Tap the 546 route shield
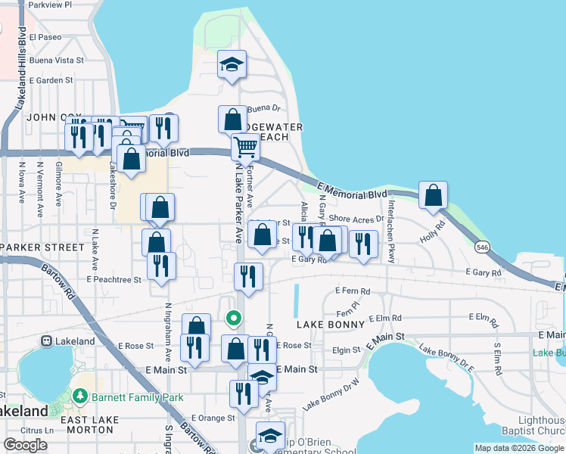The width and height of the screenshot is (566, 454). coord(481,247)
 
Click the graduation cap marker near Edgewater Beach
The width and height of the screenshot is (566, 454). coord(232,65)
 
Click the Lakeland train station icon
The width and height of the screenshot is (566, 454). coord(47,341)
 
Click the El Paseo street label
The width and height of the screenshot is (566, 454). coord(46,36)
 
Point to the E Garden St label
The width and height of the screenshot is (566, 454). coord(48,79)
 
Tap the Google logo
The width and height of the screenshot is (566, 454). coord(25,445)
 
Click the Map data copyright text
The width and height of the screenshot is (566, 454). coord(518,448)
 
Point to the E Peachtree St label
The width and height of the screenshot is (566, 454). coord(114,279)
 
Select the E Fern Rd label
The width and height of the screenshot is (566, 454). coord(352,291)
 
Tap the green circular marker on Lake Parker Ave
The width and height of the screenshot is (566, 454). coord(235,318)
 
